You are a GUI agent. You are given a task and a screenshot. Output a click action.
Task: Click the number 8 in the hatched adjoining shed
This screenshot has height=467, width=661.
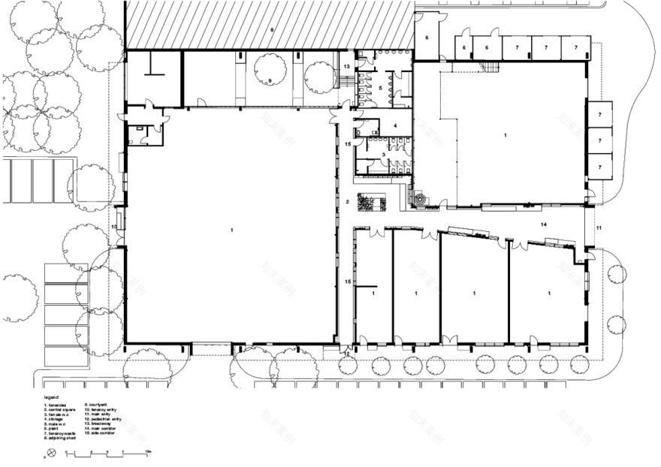273,29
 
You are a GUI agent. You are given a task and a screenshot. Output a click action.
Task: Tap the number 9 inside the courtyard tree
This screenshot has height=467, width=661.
269,80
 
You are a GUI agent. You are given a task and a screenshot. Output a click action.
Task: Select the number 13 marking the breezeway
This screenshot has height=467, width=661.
347,68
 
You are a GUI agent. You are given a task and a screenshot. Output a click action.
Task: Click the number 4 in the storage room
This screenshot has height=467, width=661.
383,125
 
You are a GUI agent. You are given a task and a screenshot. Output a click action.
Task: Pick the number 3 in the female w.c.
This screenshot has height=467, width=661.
383,155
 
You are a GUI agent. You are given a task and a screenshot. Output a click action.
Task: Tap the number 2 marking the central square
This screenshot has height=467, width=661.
348,202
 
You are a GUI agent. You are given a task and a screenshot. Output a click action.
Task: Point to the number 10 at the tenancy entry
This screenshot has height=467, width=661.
115,227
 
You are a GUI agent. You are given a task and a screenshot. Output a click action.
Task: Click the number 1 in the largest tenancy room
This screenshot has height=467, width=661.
233,228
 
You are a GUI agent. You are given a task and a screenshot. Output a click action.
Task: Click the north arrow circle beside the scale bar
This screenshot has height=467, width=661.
52,452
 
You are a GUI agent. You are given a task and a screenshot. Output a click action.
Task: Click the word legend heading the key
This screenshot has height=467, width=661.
51,397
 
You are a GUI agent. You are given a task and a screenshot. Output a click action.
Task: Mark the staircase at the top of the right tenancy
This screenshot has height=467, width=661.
491,68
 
